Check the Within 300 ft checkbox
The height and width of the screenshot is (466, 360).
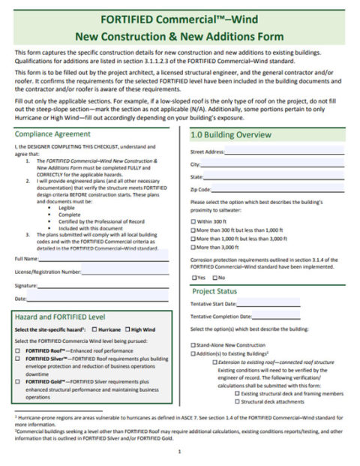[x=193, y=222]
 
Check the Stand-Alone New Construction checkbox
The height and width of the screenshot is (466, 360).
[x=193, y=344]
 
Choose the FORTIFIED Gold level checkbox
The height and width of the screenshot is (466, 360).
[x=18, y=380]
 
